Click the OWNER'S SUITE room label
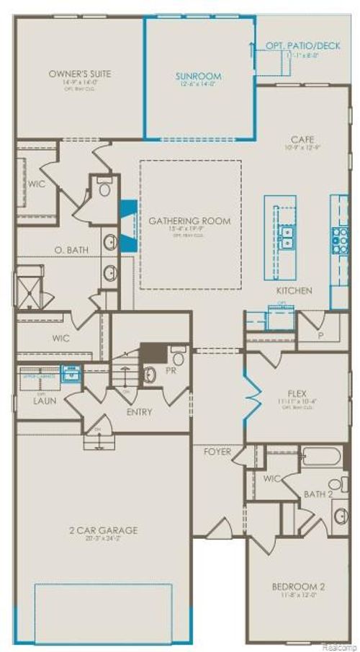pos(79,73)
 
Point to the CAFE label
pos(301,139)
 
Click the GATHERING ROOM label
pos(190,221)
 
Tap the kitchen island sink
pos(287,236)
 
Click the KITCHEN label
pos(294,290)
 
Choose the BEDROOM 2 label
pos(297,588)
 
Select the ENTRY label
pos(139,411)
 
